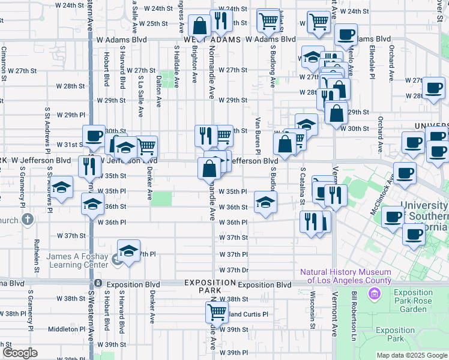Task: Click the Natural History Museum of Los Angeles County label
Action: [346, 276]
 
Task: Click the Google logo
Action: [20, 353]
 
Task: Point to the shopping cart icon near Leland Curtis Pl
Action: [216, 312]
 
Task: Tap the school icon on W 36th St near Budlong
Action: [265, 202]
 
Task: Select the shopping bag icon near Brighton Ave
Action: [199, 26]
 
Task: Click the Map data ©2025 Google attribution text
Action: [411, 356]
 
